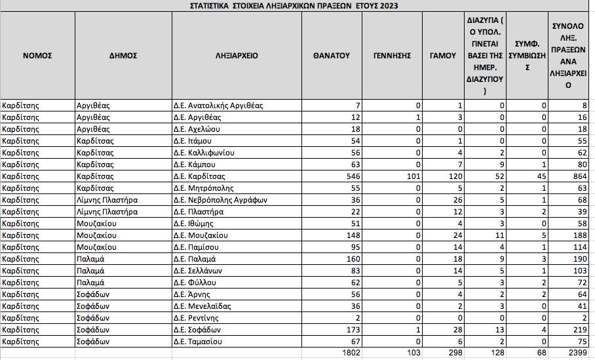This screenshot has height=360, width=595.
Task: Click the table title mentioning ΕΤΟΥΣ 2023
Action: tap(294, 6)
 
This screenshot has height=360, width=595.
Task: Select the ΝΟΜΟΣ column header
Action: tap(37, 56)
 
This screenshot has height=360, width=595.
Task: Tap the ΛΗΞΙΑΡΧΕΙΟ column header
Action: tap(237, 56)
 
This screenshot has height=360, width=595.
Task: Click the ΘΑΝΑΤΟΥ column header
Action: tap(332, 56)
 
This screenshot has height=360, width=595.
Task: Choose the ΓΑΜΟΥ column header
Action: tap(442, 56)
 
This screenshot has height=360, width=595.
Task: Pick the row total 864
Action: tap(579, 176)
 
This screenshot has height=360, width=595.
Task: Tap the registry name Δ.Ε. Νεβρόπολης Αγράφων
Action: tap(220, 200)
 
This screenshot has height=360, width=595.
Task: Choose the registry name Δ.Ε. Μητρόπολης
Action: tap(202, 188)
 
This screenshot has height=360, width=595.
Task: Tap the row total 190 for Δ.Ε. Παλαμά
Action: tap(579, 259)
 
